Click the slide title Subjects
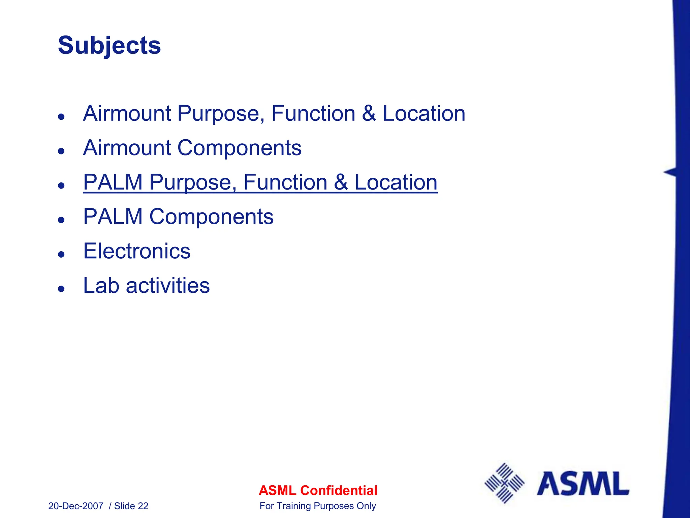pos(109,46)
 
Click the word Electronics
pos(137,251)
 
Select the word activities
pos(168,286)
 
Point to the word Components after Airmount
pos(239,148)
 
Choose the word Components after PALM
pos(211,217)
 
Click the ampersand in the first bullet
pos(369,113)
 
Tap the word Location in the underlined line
pos(396,182)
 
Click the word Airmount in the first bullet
pos(127,113)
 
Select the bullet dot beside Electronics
pos(61,254)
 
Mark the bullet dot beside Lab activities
pos(61,288)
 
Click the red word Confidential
pos(339,490)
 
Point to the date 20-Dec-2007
pos(76,506)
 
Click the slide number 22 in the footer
pos(143,506)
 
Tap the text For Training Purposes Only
pos(318,506)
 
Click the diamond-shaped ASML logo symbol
pos(504,483)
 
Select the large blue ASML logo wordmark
pos(583,483)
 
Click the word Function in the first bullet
pos(313,113)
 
